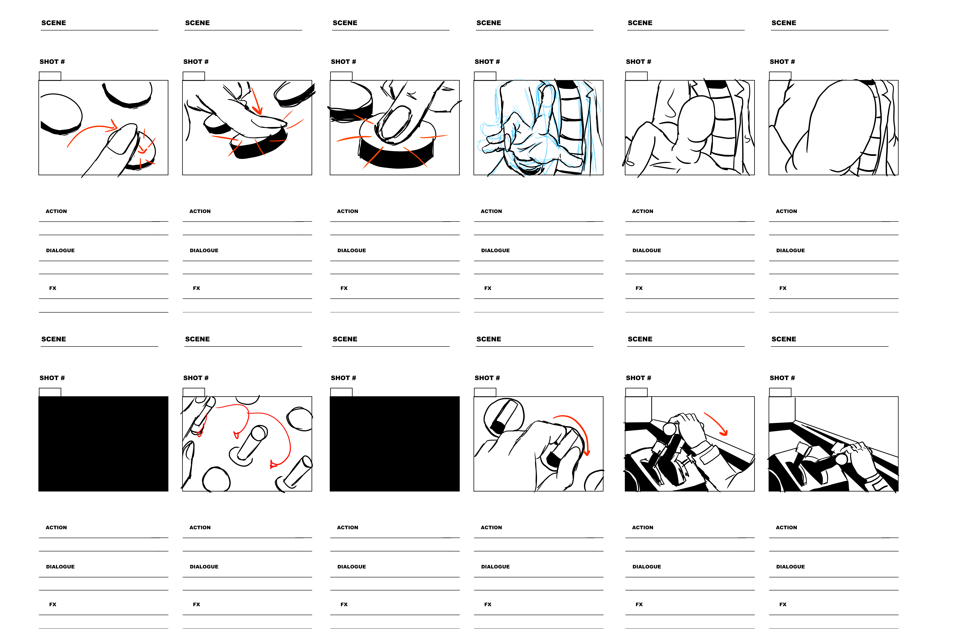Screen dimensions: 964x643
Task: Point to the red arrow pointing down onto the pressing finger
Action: pyautogui.click(x=256, y=100)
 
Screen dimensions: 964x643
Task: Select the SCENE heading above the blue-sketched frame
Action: pyautogui.click(x=489, y=23)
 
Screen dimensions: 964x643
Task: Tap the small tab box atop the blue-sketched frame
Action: pyautogui.click(x=485, y=76)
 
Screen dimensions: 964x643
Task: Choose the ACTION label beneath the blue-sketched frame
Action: pyautogui.click(x=491, y=211)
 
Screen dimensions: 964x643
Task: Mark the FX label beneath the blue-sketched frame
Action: pyautogui.click(x=488, y=288)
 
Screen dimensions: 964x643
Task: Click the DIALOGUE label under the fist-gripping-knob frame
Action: pyautogui.click(x=495, y=567)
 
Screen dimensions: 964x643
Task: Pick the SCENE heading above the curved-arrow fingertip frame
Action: pyautogui.click(x=54, y=23)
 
